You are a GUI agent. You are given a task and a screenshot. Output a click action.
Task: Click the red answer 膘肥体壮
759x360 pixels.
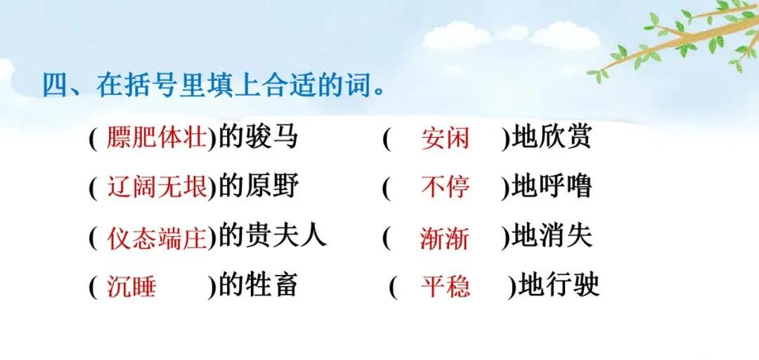tap(157, 139)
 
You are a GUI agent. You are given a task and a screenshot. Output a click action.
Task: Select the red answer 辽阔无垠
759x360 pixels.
tap(157, 188)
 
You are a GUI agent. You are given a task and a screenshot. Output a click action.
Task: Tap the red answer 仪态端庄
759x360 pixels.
tap(157, 238)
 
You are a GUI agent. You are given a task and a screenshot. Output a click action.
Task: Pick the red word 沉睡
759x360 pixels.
tap(131, 287)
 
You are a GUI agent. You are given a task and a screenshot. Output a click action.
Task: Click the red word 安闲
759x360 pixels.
tap(444, 139)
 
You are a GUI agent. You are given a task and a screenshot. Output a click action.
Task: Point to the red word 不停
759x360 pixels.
tap(445, 188)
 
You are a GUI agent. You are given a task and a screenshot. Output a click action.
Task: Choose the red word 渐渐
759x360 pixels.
tap(444, 238)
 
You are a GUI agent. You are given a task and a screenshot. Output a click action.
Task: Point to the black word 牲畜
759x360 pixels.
tap(274, 286)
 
